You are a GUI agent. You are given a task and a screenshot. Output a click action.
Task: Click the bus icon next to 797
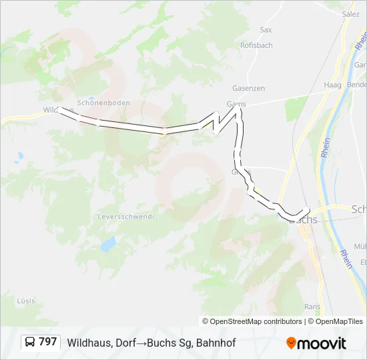click(30, 343)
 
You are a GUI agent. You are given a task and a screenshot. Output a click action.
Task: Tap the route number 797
click(48, 342)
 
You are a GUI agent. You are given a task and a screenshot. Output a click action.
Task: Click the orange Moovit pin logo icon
click(291, 343)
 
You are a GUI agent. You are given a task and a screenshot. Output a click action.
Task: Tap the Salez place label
click(350, 14)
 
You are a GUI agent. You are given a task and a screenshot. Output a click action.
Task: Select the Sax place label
click(266, 30)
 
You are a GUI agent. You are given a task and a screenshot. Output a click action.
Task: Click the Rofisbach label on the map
click(256, 45)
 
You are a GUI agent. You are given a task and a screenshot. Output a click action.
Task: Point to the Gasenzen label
click(248, 88)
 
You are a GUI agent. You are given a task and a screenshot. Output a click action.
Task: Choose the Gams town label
click(236, 104)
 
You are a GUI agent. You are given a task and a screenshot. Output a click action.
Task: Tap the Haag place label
click(332, 85)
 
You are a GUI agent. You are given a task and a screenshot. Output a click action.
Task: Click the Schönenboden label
click(103, 103)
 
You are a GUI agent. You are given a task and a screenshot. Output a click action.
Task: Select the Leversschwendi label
click(125, 217)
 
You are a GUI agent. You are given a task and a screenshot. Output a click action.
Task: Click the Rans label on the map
click(312, 307)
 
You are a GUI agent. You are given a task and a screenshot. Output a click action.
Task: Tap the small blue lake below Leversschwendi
click(107, 245)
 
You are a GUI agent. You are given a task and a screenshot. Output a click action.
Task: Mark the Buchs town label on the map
click(306, 219)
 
